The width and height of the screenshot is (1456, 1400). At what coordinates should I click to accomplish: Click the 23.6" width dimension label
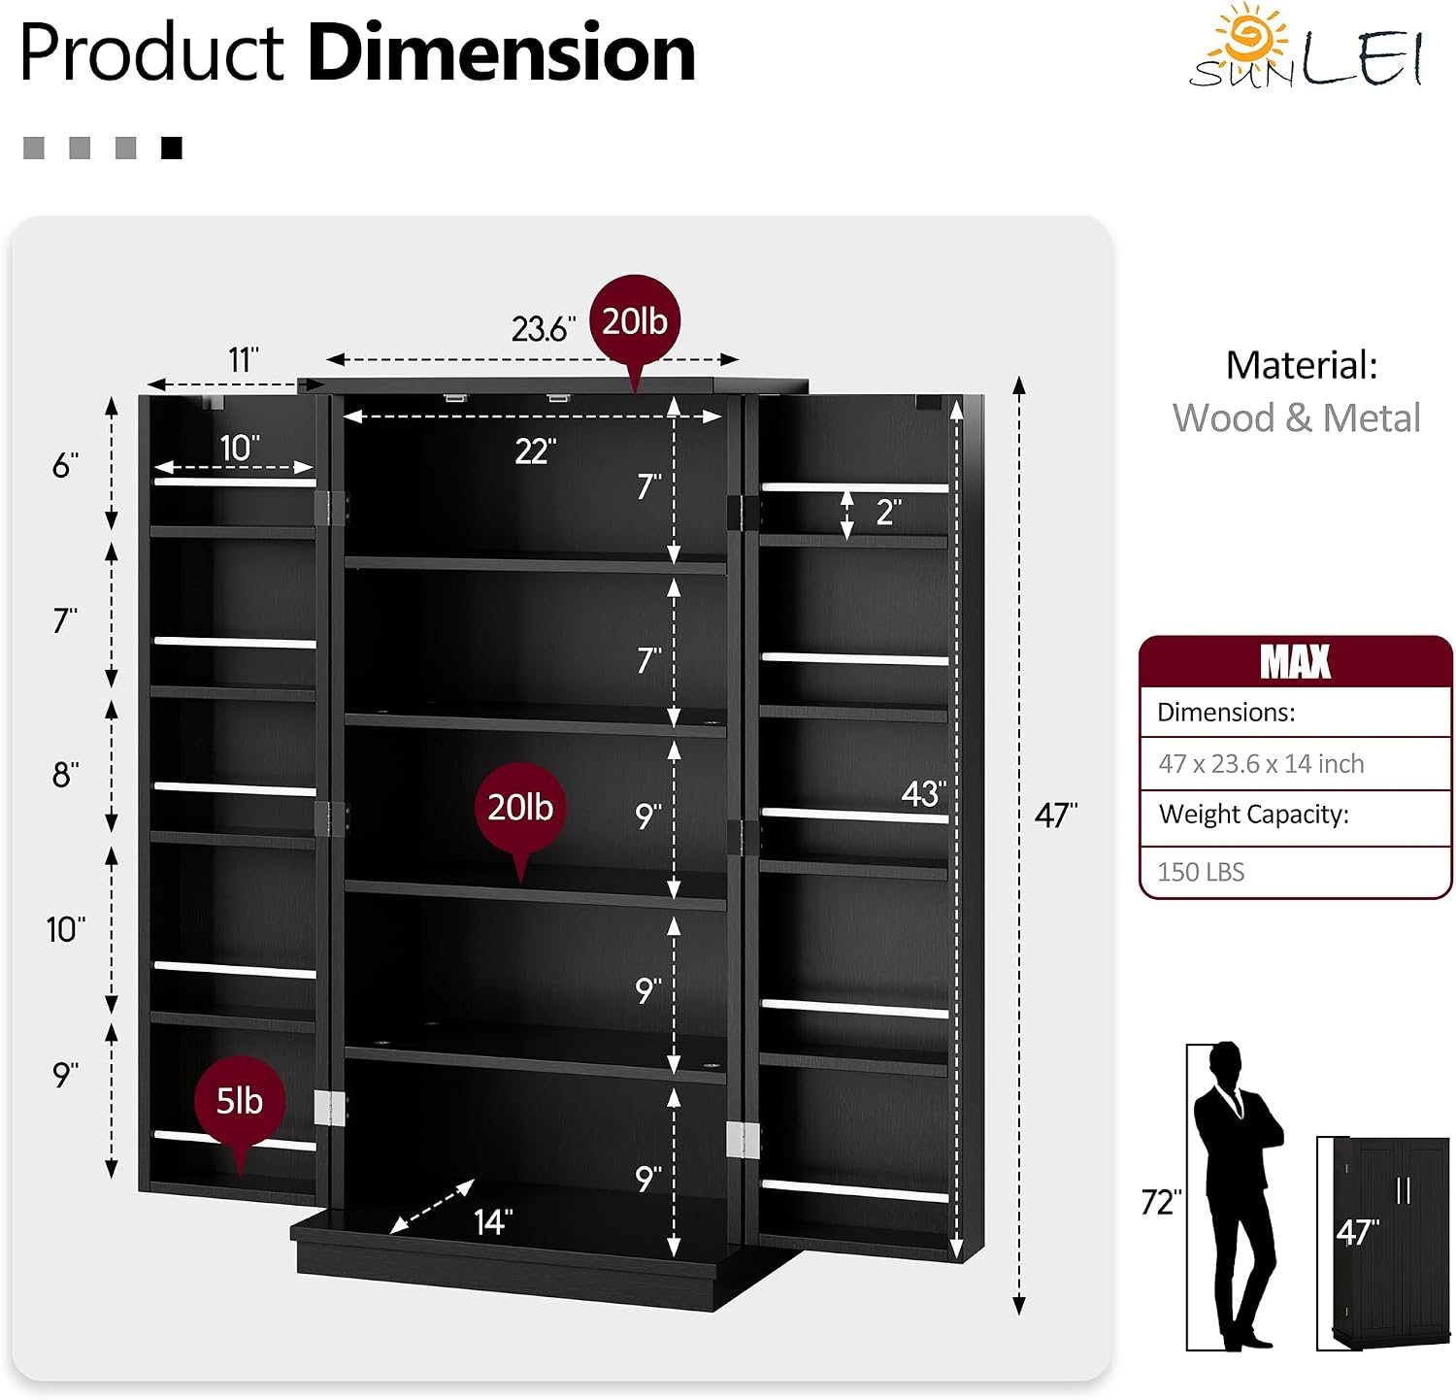[543, 329]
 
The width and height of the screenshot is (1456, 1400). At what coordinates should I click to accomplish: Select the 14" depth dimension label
[493, 1221]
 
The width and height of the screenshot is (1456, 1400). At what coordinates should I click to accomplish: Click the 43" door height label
[923, 793]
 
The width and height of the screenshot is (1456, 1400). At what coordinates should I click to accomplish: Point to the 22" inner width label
[535, 451]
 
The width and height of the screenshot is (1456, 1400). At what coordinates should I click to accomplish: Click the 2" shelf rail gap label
[888, 512]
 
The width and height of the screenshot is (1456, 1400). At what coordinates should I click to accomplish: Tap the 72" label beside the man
[1161, 1202]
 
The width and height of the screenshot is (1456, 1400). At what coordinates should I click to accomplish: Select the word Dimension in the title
[501, 52]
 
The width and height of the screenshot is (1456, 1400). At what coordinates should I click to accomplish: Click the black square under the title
[172, 148]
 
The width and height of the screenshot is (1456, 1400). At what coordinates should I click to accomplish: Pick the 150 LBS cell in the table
[1201, 872]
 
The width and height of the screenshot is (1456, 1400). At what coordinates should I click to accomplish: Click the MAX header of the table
[1295, 662]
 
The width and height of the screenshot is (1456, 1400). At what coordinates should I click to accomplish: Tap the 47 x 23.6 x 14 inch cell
[1261, 764]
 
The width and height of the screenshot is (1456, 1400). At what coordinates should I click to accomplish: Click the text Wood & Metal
[1296, 417]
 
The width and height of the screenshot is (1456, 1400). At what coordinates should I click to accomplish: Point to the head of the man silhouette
[1226, 1061]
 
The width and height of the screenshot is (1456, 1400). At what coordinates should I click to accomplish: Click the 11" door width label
[243, 360]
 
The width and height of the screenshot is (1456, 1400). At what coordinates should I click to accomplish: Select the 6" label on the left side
[65, 466]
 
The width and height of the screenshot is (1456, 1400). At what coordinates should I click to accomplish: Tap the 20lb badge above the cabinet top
[635, 321]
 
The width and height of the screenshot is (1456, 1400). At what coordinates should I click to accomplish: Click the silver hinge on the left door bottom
[330, 1108]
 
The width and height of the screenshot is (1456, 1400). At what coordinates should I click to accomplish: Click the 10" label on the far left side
[66, 929]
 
